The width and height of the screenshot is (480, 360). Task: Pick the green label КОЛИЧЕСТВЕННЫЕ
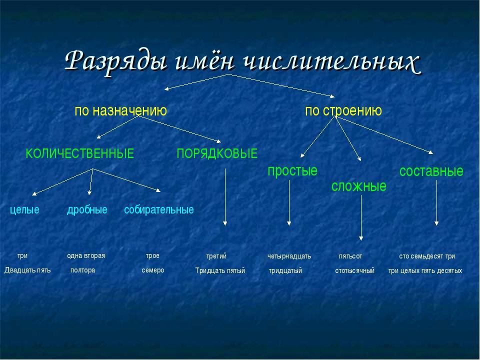click(80, 153)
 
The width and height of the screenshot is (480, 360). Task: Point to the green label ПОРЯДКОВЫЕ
click(217, 153)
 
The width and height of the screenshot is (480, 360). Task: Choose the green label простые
click(292, 171)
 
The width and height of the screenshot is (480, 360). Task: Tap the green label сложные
click(359, 186)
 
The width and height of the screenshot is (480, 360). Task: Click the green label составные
click(431, 171)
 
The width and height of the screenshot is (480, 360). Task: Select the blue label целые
click(25, 210)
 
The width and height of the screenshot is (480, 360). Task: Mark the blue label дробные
click(87, 210)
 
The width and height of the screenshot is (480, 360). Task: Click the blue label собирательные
click(159, 210)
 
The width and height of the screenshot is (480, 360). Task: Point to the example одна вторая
click(86, 256)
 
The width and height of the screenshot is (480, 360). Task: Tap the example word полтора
click(82, 270)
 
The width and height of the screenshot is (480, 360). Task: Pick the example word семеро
click(153, 270)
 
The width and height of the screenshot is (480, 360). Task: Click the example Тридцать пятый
click(220, 270)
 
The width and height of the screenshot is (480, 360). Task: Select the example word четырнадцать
click(289, 256)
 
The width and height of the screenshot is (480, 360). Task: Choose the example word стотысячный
click(355, 270)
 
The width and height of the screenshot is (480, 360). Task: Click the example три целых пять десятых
click(425, 270)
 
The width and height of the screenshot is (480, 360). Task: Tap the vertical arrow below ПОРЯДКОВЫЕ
click(225, 197)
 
